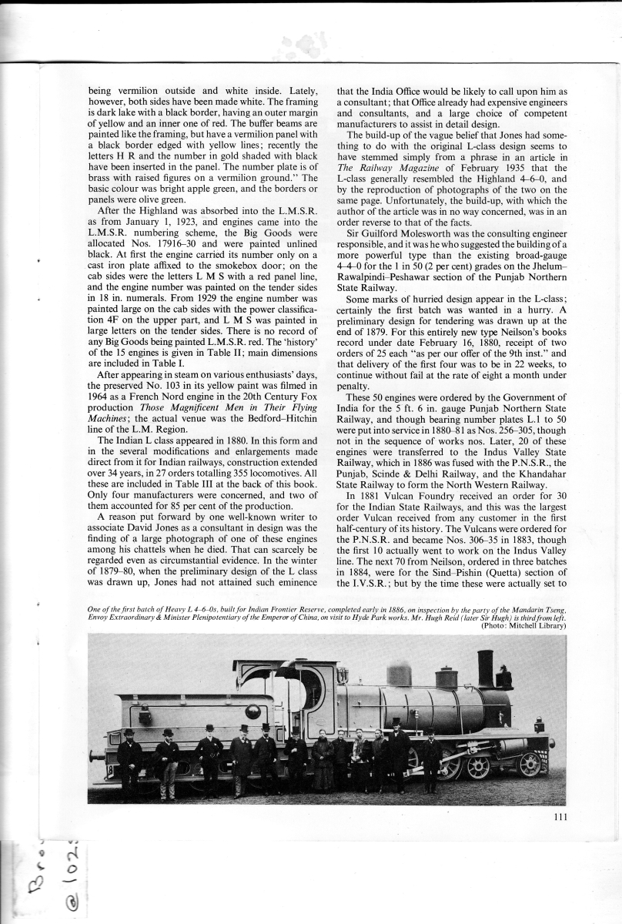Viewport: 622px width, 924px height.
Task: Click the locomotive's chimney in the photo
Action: tap(485, 668)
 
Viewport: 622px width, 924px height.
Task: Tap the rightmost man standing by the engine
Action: tap(431, 758)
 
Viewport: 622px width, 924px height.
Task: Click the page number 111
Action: tap(560, 818)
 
